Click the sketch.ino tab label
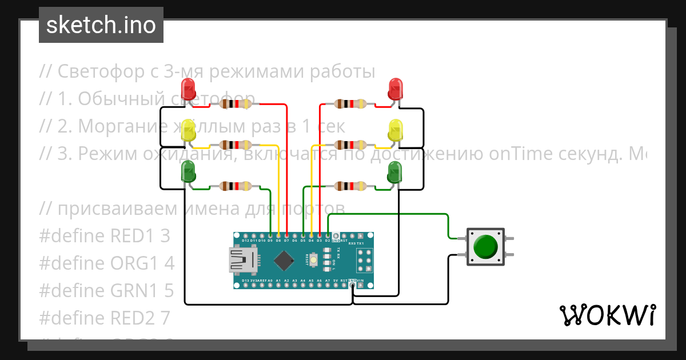(101, 25)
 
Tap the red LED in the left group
(188, 90)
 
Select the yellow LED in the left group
(188, 131)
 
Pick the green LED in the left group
(188, 172)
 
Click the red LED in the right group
(395, 90)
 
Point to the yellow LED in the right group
(395, 131)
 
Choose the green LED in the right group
(395, 172)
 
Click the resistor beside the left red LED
(236, 104)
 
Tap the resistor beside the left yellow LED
(236, 145)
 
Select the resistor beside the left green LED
(236, 186)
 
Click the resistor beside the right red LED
(350, 104)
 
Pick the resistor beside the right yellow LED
(350, 145)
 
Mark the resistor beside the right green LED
(350, 186)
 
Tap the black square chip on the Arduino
(285, 261)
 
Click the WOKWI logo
(607, 315)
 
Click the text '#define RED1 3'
(105, 235)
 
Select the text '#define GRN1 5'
(106, 291)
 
